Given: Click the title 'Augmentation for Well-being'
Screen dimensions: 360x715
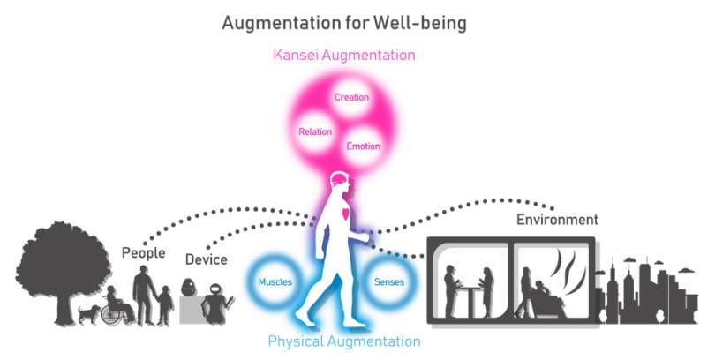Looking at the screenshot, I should (343, 22).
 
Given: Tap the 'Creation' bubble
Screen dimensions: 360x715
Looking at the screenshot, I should (351, 97).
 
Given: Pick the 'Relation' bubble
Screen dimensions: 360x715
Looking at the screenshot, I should (315, 131).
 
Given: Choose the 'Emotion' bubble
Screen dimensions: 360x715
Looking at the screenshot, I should (364, 145).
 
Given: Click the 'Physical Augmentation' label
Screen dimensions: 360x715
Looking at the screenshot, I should (343, 341).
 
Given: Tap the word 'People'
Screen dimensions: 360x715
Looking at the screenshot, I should (144, 253).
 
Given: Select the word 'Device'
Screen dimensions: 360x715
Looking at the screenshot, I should (206, 259).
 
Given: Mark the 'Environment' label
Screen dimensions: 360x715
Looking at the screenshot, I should (558, 219).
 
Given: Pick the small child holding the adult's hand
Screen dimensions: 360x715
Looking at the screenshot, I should (165, 304).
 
